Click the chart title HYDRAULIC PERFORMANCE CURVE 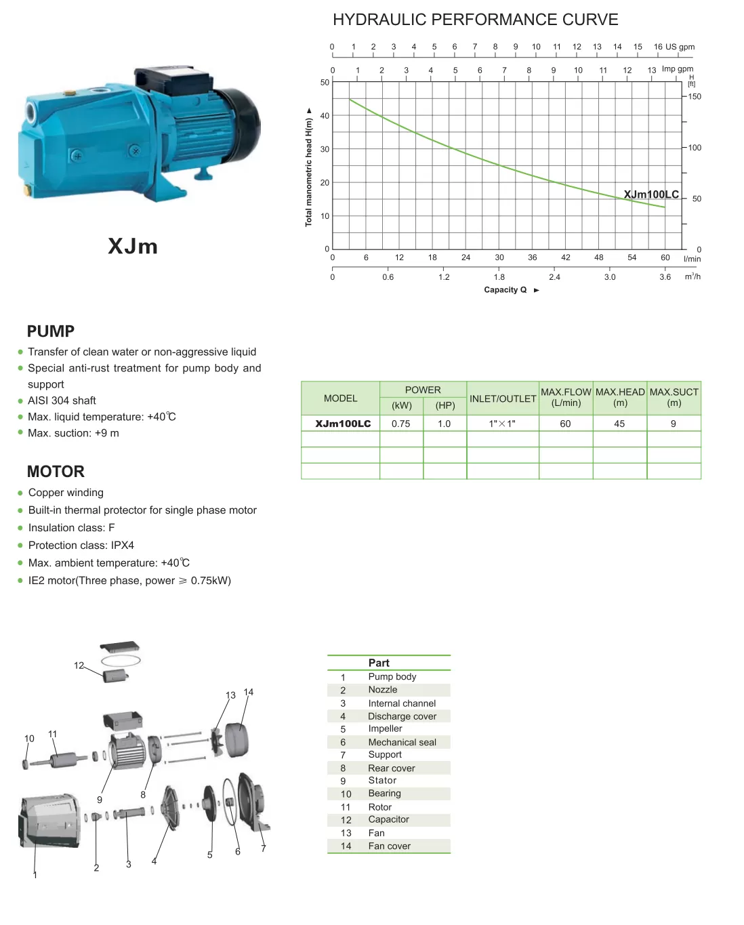point(475,20)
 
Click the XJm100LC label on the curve point(650,194)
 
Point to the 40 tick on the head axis point(325,116)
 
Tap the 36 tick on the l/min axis point(532,258)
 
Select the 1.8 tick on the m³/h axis point(499,277)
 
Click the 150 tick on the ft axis point(695,97)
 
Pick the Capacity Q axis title point(505,290)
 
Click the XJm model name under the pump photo point(133,246)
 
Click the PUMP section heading point(51,331)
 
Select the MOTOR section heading point(56,472)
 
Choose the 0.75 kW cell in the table point(401,424)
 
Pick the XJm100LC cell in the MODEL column point(343,424)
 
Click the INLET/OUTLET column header point(503,398)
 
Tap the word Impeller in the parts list point(385,728)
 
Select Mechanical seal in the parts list point(402,742)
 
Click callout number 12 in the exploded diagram point(79,665)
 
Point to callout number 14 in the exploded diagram point(249,692)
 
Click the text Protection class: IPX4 point(81,546)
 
